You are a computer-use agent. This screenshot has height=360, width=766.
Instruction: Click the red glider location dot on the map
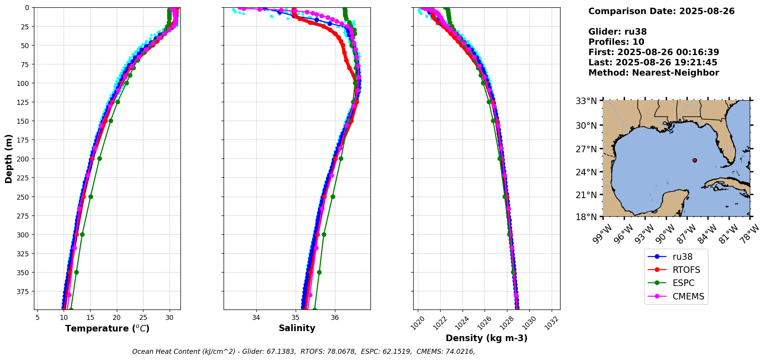coord(695,160)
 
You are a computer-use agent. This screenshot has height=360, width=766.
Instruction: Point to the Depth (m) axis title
coord(9,159)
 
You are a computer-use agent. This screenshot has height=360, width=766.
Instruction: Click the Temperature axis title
coord(107,328)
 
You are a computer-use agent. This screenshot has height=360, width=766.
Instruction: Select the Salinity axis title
coord(297,328)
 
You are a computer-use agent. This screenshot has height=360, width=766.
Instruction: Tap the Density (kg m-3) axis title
coord(487,338)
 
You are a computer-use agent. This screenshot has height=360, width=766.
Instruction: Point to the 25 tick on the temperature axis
coord(143,318)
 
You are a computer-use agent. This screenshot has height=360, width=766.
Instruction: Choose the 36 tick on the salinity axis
coord(335,318)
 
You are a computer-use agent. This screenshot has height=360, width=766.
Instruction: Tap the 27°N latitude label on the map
coord(586,149)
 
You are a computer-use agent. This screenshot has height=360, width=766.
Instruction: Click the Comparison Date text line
coord(661,11)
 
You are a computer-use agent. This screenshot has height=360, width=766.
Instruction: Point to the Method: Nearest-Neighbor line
coord(653,73)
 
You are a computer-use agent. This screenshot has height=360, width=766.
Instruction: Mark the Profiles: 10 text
coord(616,42)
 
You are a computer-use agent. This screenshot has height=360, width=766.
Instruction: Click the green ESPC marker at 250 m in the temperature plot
coord(91,197)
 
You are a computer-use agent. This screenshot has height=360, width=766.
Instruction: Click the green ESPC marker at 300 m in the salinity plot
coord(324,234)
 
